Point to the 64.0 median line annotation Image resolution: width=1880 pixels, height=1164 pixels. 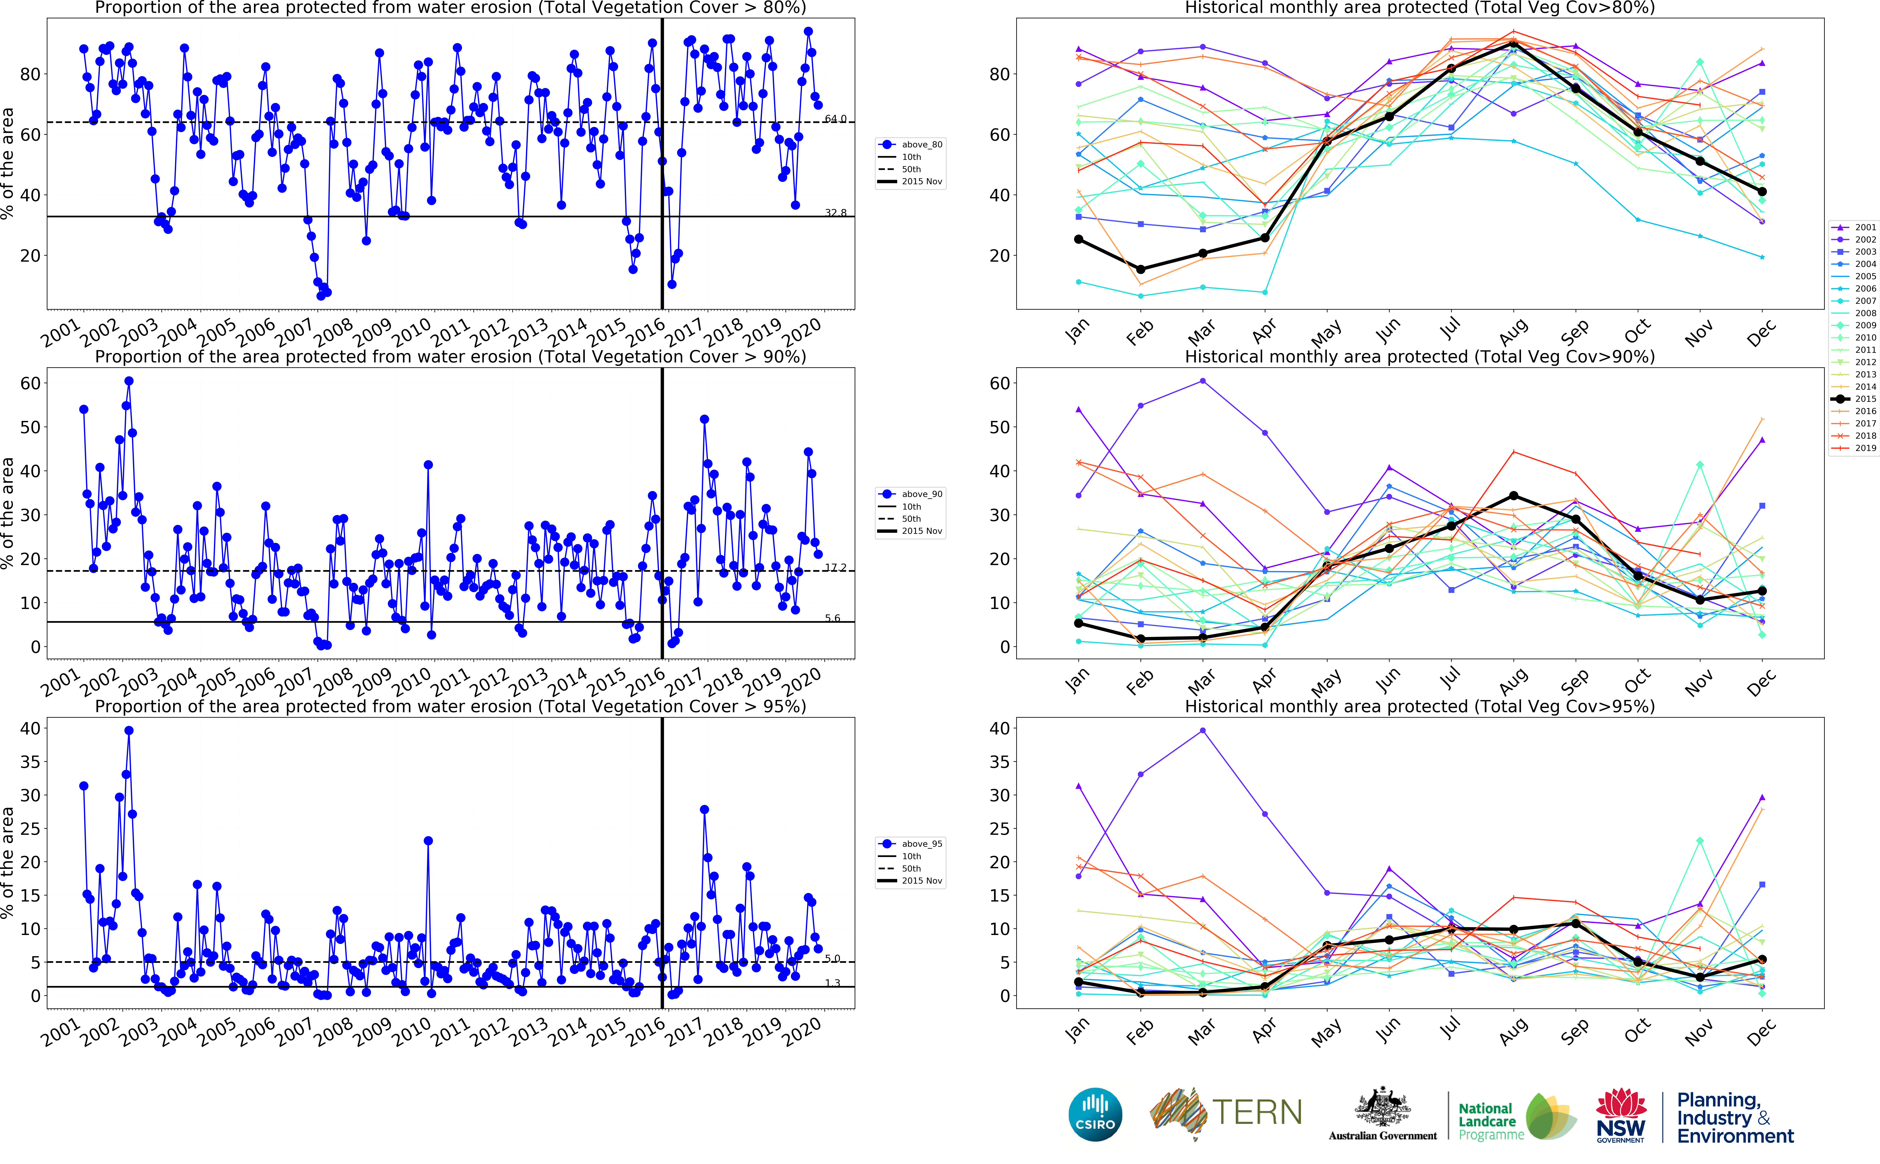click(836, 119)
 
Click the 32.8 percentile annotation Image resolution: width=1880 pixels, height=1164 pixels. click(836, 212)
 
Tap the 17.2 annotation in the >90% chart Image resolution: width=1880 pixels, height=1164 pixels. click(836, 567)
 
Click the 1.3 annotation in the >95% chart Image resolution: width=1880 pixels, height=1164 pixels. click(832, 983)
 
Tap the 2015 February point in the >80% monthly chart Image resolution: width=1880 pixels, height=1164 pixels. click(1141, 270)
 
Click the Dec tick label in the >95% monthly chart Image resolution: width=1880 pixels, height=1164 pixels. click(1761, 1032)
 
